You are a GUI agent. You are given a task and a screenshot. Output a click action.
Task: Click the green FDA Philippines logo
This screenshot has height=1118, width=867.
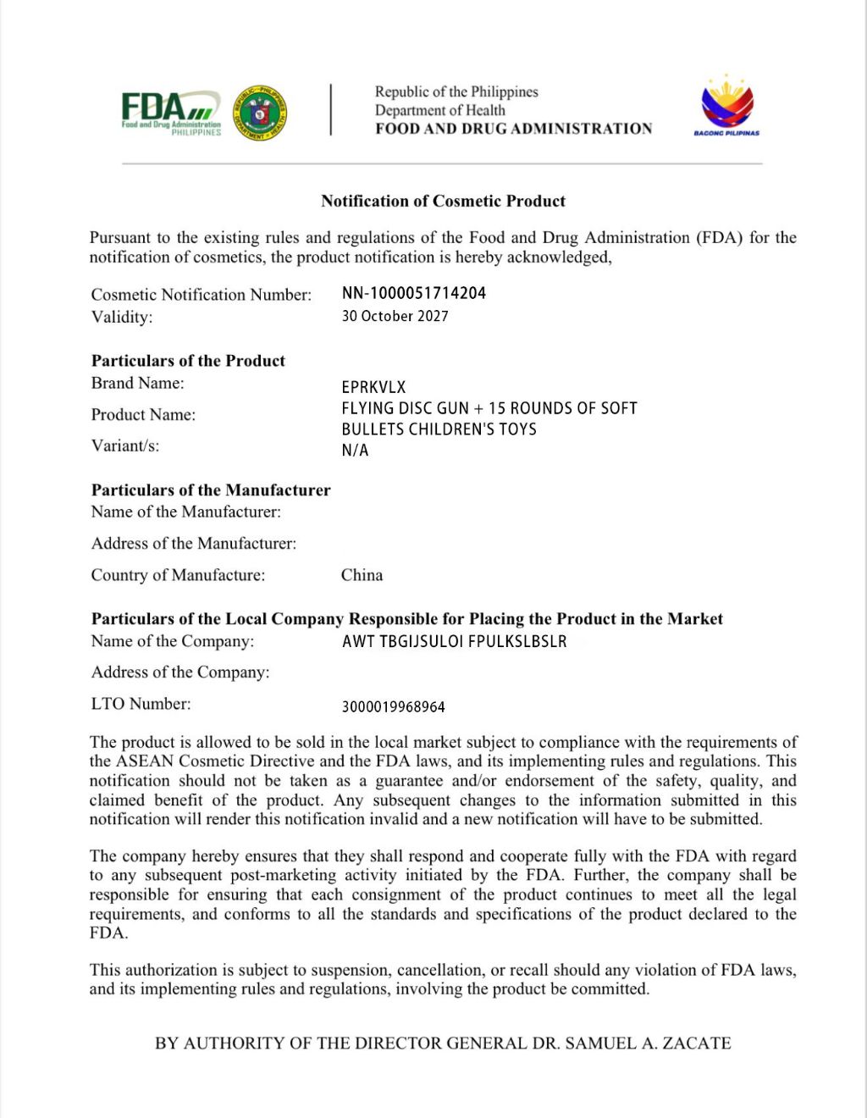pos(171,113)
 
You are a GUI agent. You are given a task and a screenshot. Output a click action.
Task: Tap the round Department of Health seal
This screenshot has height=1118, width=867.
pos(260,113)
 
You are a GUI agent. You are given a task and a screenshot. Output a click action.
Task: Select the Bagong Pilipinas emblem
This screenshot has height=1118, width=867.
pos(726,108)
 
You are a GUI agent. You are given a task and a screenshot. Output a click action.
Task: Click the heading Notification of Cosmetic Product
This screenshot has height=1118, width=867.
pos(443,201)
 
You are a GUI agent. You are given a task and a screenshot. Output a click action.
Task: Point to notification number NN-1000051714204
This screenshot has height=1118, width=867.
pos(414,293)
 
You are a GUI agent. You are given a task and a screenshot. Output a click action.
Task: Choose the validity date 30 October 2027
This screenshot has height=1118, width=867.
pos(395,316)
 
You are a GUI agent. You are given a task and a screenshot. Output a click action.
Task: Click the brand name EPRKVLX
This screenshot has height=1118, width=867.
pos(373,387)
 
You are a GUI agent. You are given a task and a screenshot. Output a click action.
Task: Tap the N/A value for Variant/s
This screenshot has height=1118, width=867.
pos(355,451)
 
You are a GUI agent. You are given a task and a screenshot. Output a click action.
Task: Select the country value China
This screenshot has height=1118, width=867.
pos(362,575)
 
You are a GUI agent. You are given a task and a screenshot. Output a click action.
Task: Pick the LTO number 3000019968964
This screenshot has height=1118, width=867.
pos(393,706)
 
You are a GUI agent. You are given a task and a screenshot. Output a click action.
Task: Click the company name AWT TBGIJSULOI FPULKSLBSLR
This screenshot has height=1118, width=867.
pos(454,642)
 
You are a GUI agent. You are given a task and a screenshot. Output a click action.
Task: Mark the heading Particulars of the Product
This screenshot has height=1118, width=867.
pos(188,361)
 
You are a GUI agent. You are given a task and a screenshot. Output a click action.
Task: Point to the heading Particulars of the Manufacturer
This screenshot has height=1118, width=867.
pos(211,490)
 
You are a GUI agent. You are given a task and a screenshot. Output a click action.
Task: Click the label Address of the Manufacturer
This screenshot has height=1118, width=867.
pos(194,544)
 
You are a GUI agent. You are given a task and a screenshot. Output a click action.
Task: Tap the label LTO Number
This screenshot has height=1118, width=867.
pos(141,704)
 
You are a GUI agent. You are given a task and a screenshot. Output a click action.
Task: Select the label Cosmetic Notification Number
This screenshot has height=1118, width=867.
pos(202,295)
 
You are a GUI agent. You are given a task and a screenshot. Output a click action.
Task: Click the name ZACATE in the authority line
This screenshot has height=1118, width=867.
pos(697,1043)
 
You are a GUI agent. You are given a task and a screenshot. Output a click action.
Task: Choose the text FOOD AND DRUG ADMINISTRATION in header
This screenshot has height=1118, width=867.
pos(514,129)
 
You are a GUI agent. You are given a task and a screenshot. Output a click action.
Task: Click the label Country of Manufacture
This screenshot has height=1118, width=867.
pos(178,575)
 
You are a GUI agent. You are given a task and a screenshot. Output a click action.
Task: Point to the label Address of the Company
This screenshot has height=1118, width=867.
pos(180,672)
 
